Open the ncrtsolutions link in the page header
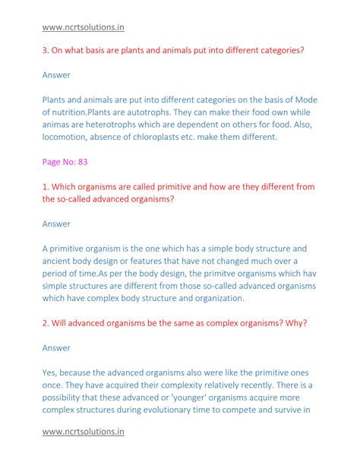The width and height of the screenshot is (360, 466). (x=83, y=27)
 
